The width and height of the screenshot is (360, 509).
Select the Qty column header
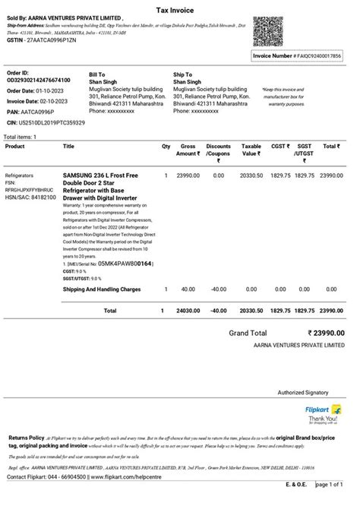[166, 147]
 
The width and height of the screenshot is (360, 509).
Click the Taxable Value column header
[251, 150]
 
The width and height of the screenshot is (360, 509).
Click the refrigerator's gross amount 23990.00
[188, 175]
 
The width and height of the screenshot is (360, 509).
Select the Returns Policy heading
[26, 438]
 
